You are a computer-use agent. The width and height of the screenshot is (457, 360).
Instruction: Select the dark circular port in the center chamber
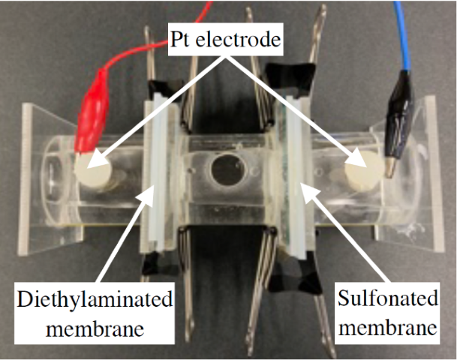coord(223,169)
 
